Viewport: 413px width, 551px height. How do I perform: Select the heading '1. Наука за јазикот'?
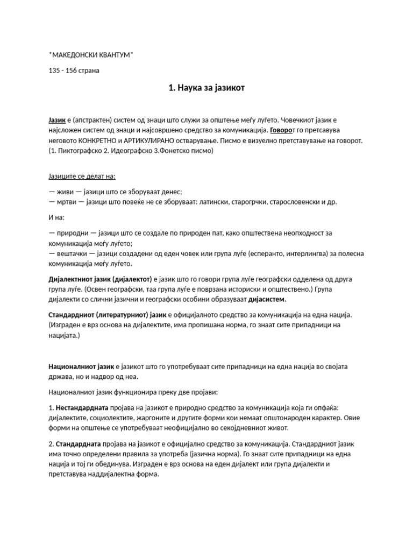(206, 88)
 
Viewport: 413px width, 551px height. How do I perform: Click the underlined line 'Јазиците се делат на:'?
(82, 176)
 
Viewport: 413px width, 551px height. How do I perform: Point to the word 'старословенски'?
(292, 202)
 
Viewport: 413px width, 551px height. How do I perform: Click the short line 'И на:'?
(56, 217)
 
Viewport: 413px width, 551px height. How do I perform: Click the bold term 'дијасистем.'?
(264, 299)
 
